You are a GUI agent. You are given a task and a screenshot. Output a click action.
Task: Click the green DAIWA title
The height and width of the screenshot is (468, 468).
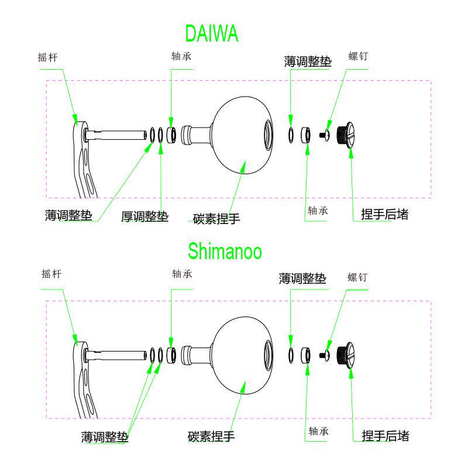pos(211,34)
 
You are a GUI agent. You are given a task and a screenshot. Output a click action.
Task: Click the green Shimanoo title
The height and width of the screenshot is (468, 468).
pos(225,252)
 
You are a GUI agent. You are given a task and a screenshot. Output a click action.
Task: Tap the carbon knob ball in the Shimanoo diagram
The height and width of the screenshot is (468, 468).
pos(241,355)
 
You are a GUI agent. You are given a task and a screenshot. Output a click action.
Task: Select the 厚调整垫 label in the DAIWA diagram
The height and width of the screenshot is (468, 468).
pos(144,217)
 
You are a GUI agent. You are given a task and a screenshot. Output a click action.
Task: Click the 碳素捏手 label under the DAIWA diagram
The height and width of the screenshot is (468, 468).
pos(216,219)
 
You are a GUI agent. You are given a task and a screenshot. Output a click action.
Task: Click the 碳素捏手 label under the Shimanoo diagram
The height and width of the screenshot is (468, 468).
pos(211,437)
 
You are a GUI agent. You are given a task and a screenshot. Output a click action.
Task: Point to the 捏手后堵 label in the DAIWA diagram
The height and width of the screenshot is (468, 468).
pos(384,215)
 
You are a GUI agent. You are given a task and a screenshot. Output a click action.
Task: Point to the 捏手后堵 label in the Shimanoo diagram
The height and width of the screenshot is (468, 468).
pos(385,436)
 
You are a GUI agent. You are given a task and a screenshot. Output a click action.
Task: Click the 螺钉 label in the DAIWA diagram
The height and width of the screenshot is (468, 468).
pos(358,57)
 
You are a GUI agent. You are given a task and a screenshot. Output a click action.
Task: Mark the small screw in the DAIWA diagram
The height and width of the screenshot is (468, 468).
pos(325,135)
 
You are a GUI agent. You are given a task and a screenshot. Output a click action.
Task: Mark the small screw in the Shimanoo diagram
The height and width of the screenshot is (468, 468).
pos(325,355)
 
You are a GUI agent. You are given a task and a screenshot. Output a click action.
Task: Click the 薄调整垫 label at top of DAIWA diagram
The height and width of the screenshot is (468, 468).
pos(308,62)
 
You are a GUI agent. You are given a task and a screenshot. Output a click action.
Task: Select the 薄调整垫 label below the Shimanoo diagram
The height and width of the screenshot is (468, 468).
pos(105,437)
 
